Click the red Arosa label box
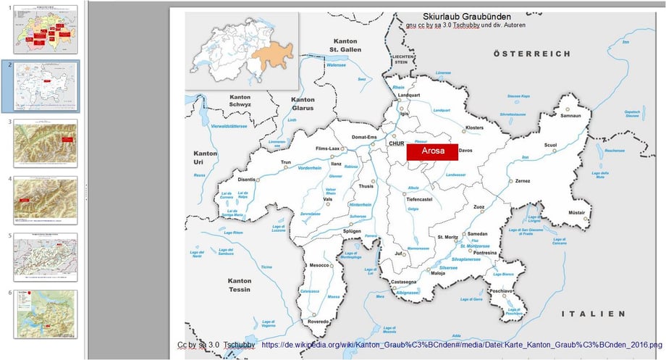coord(432,151)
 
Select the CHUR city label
coord(395,143)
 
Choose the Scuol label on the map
coord(550,144)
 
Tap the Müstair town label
coord(576,212)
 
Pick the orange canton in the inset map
coord(271,55)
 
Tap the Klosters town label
coord(474,127)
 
